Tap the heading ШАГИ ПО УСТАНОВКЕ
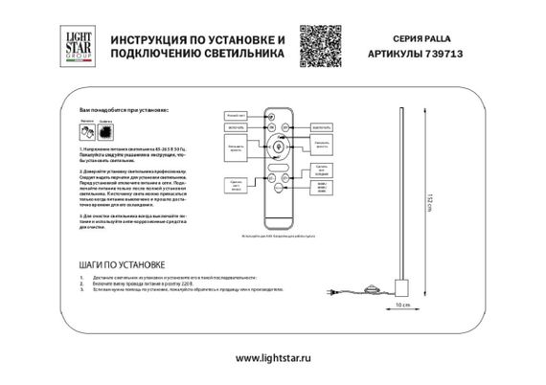[x=121, y=263]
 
